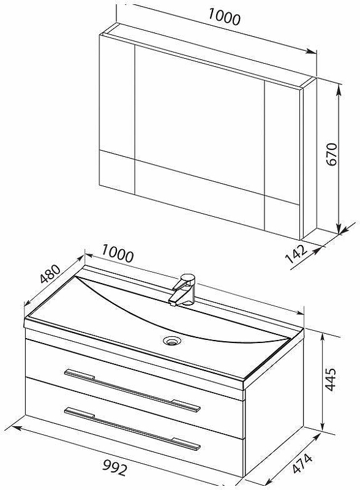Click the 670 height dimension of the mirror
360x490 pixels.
pos(332,154)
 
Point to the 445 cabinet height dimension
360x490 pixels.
pos(331,379)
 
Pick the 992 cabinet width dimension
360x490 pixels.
pos(115,468)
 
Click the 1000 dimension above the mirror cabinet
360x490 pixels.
pos(224,17)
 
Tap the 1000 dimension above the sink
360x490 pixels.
pos(118,254)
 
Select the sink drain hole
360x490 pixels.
pos(171,340)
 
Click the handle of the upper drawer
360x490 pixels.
pos(132,391)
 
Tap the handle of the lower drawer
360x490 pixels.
pos(132,429)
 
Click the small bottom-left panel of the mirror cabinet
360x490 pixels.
pos(117,173)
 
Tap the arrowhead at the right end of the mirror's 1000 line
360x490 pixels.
pos(312,51)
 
